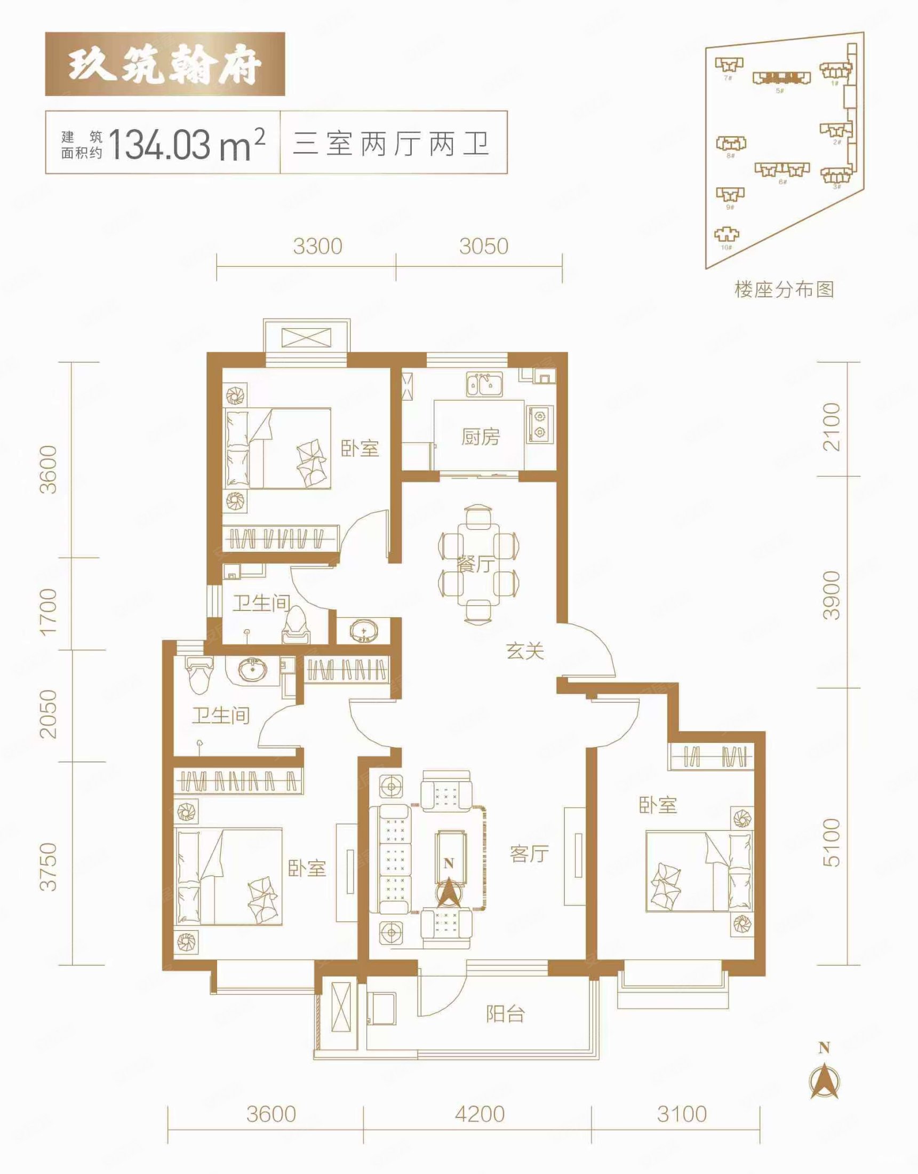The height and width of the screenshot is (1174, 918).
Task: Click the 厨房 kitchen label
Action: tap(480, 438)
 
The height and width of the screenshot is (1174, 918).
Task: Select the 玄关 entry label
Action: tap(525, 652)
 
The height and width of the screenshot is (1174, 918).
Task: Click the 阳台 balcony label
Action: tap(505, 1014)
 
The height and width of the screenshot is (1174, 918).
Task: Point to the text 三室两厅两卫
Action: tap(392, 143)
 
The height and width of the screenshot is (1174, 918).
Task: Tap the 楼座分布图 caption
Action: tap(784, 290)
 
